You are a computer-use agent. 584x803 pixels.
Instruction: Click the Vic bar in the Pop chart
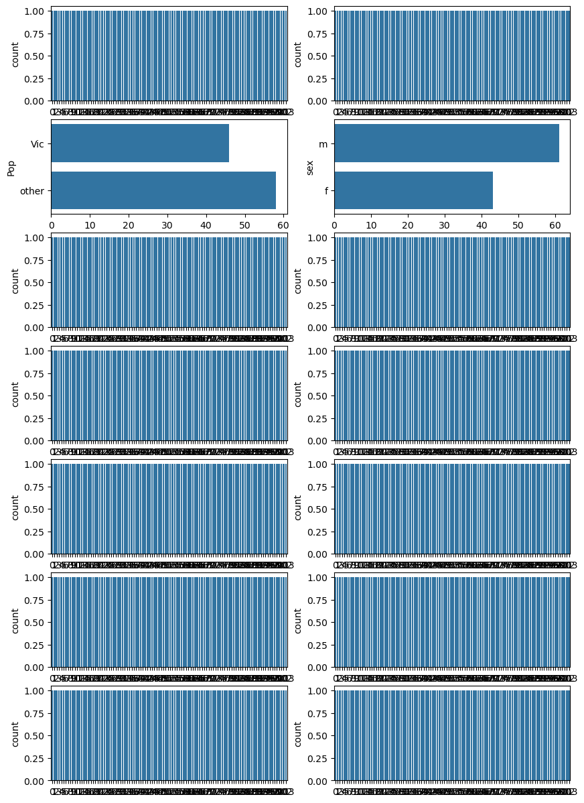click(x=140, y=143)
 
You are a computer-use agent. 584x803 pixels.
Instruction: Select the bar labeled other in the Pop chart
click(x=163, y=190)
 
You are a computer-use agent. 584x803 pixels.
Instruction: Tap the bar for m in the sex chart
click(x=447, y=143)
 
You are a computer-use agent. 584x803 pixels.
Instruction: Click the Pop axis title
click(x=11, y=167)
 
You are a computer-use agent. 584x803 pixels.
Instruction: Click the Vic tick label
click(x=38, y=143)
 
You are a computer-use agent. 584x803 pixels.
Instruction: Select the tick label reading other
click(x=32, y=191)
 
